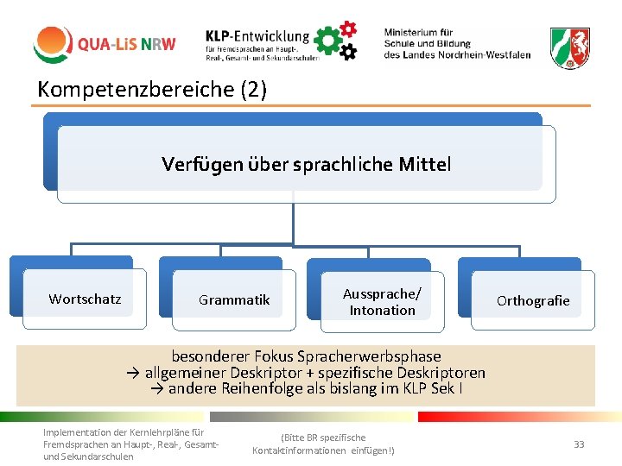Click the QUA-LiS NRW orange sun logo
click(x=54, y=44)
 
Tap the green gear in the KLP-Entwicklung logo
click(x=327, y=40)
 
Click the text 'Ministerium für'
click(x=418, y=32)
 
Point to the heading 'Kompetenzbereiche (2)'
click(x=152, y=89)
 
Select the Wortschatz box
click(x=85, y=299)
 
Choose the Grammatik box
click(x=234, y=300)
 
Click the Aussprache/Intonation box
click(x=382, y=302)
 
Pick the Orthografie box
click(x=533, y=300)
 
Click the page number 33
click(x=579, y=444)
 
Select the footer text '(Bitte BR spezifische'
click(x=323, y=438)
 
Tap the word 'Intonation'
click(x=382, y=311)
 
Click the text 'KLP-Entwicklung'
click(x=257, y=36)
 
